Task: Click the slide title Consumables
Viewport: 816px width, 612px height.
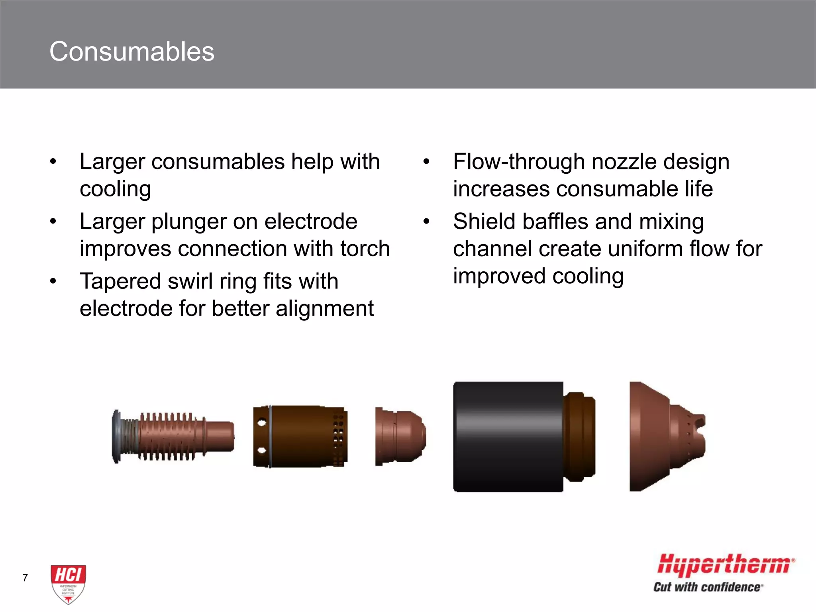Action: pos(132,52)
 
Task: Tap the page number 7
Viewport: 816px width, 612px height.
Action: pos(25,578)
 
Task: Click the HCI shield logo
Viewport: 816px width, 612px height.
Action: pos(68,583)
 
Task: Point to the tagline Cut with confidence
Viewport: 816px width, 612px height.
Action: pos(708,587)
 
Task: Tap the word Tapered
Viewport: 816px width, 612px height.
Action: pos(120,281)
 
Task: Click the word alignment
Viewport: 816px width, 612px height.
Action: pos(324,309)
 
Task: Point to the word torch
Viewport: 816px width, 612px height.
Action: pos(365,249)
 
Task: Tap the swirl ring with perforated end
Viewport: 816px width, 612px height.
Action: pos(300,436)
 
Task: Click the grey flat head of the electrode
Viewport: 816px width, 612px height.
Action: pos(116,436)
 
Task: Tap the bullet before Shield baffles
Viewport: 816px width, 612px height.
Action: pos(426,222)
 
